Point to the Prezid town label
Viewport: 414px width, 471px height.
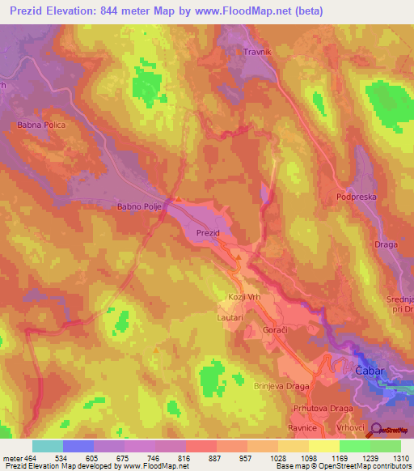pos(208,233)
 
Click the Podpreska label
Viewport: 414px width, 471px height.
pos(357,196)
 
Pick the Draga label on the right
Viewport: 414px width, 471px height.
pos(387,244)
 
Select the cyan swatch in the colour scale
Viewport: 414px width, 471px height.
pos(48,446)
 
